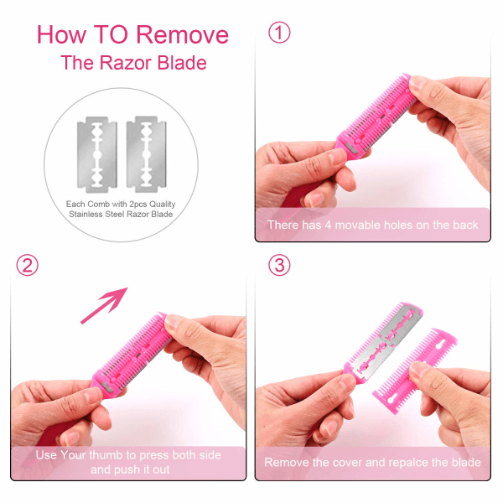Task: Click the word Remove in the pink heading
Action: pyautogui.click(x=183, y=34)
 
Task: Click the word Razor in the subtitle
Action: pyautogui.click(x=126, y=63)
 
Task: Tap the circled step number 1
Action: pyautogui.click(x=279, y=33)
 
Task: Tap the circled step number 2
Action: pyautogui.click(x=28, y=265)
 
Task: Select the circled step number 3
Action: pyautogui.click(x=279, y=265)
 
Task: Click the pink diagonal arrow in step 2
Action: pyautogui.click(x=104, y=305)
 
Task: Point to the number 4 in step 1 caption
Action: pyautogui.click(x=328, y=226)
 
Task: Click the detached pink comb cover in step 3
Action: pyautogui.click(x=415, y=371)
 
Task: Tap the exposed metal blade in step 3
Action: pyautogui.click(x=389, y=342)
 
